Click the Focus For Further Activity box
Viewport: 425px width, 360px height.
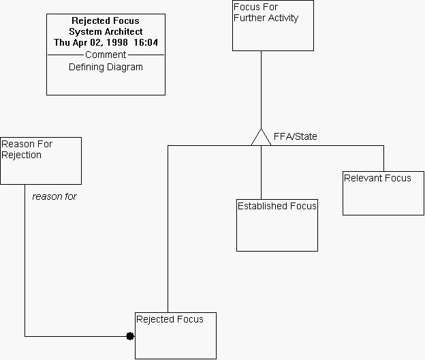pyautogui.click(x=272, y=26)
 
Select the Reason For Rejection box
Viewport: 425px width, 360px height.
pyautogui.click(x=41, y=161)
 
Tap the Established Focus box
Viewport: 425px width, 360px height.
pyautogui.click(x=277, y=225)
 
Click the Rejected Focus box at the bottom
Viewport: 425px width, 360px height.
pyautogui.click(x=176, y=335)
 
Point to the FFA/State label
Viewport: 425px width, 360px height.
pyautogui.click(x=295, y=136)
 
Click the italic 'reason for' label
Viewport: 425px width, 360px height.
pyautogui.click(x=54, y=196)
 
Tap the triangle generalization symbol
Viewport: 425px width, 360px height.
pyautogui.click(x=261, y=137)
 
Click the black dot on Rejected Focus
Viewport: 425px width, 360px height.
pyautogui.click(x=130, y=336)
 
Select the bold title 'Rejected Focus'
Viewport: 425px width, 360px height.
pyautogui.click(x=106, y=21)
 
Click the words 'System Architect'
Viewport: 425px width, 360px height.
pyautogui.click(x=106, y=31)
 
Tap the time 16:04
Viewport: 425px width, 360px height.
pyautogui.click(x=146, y=42)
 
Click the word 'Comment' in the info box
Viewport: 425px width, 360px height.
pyautogui.click(x=106, y=55)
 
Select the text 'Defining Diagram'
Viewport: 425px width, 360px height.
pyautogui.click(x=106, y=67)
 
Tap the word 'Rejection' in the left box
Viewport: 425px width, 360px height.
pyautogui.click(x=21, y=155)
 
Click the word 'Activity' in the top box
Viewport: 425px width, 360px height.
pyautogui.click(x=283, y=18)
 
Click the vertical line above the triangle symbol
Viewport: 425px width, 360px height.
pyautogui.click(x=261, y=89)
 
